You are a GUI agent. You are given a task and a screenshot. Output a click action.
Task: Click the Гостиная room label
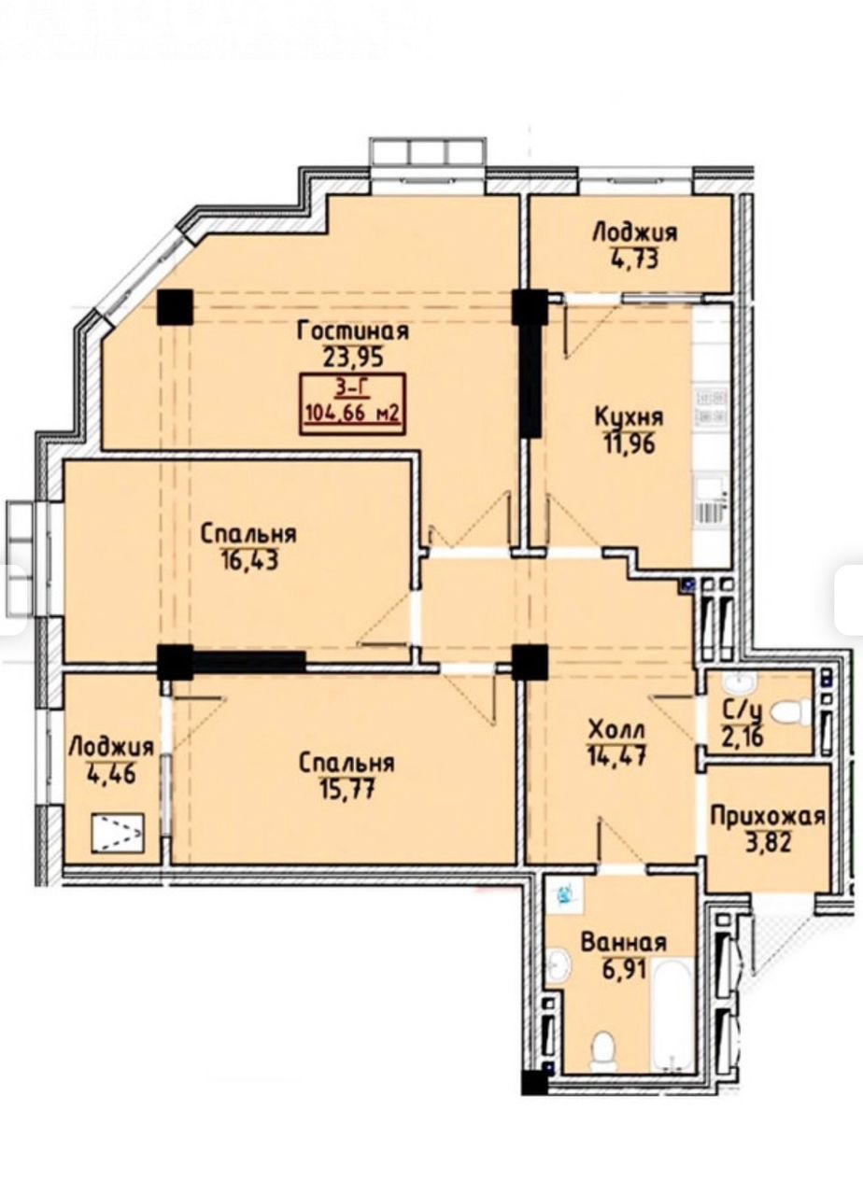[x=353, y=331]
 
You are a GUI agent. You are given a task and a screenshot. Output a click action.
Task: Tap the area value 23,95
[x=353, y=357]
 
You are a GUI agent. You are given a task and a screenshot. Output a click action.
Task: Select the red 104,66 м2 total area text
[x=352, y=412]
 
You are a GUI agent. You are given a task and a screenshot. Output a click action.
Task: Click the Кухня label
[x=630, y=416]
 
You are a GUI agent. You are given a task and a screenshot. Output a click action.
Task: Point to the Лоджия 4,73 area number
[x=636, y=260]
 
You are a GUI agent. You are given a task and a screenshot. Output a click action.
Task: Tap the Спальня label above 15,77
[x=347, y=764]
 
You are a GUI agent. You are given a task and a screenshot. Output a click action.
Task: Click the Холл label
[x=616, y=730]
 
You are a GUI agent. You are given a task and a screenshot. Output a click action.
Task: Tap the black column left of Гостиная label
[x=175, y=307]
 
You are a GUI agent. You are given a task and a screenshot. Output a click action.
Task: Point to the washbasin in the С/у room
[x=739, y=682]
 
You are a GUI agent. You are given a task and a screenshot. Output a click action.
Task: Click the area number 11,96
[x=630, y=443]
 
